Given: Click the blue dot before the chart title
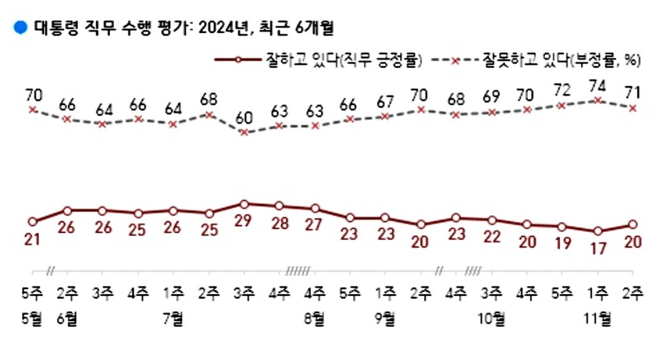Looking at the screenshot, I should point(19,27).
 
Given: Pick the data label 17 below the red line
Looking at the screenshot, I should point(598,249).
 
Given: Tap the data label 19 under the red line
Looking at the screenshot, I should point(562,243).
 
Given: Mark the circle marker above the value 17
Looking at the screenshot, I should point(598,232).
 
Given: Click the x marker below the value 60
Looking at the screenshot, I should point(244,132).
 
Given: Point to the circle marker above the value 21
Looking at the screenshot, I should point(32,221).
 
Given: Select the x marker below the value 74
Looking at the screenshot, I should point(598,100).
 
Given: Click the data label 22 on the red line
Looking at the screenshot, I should point(492,236).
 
